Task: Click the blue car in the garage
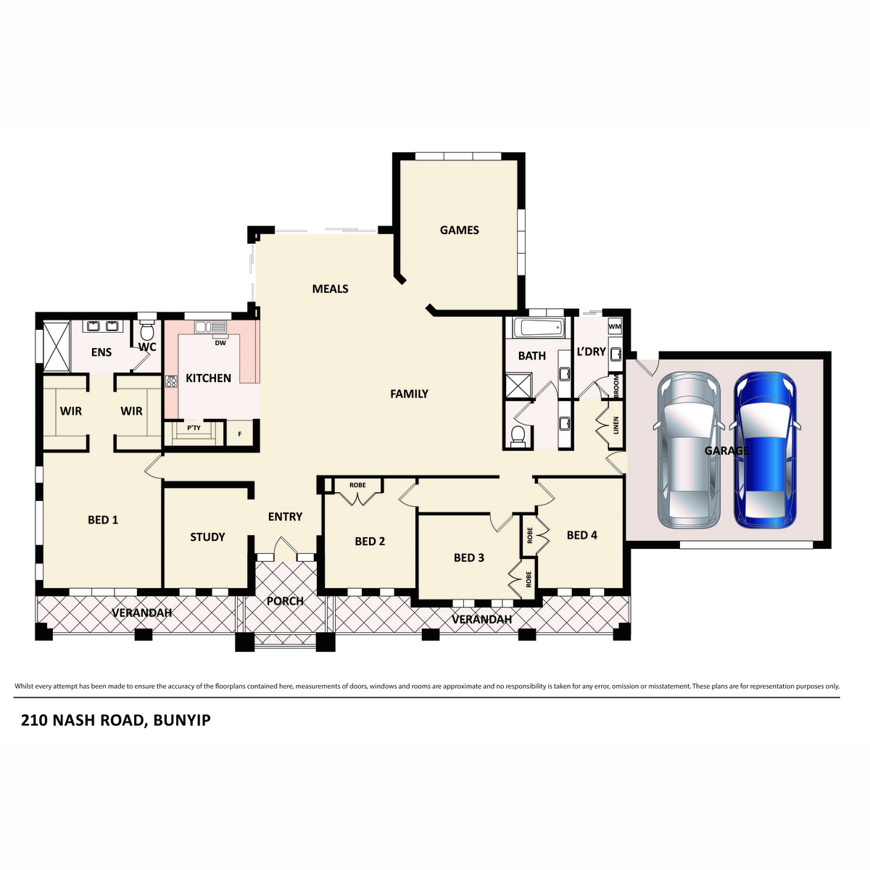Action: click(766, 449)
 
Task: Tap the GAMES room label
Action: click(460, 230)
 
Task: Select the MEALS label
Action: click(330, 289)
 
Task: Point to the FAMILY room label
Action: click(409, 394)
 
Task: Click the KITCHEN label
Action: click(208, 378)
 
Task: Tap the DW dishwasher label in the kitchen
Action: click(220, 343)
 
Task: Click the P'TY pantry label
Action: click(194, 428)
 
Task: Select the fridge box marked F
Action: click(239, 435)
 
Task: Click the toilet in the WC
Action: click(147, 333)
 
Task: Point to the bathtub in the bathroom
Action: click(538, 328)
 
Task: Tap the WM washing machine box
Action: click(615, 326)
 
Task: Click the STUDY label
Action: click(207, 536)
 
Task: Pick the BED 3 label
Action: click(469, 558)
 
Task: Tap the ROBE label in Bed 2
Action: click(357, 485)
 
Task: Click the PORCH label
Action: click(285, 601)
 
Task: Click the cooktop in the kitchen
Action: click(172, 381)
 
